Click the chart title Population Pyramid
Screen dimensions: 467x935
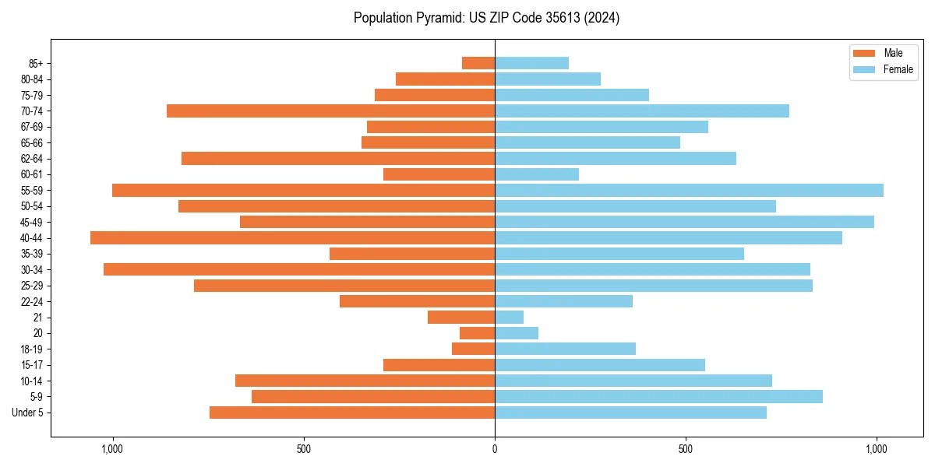486,18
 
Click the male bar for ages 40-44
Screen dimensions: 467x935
292,237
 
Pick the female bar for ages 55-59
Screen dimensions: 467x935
689,190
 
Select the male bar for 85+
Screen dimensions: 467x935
478,63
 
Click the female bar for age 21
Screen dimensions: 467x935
509,317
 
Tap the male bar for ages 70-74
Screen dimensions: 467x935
330,111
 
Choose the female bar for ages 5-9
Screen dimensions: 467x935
658,396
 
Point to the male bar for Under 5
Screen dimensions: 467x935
352,413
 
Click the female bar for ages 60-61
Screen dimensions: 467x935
537,174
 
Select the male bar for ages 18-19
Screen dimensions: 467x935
473,349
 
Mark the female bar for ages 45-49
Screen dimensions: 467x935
684,222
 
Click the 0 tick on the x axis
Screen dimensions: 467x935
495,449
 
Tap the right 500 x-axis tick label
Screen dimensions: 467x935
686,449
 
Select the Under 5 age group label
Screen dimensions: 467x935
27,413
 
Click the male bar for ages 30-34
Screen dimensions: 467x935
299,269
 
